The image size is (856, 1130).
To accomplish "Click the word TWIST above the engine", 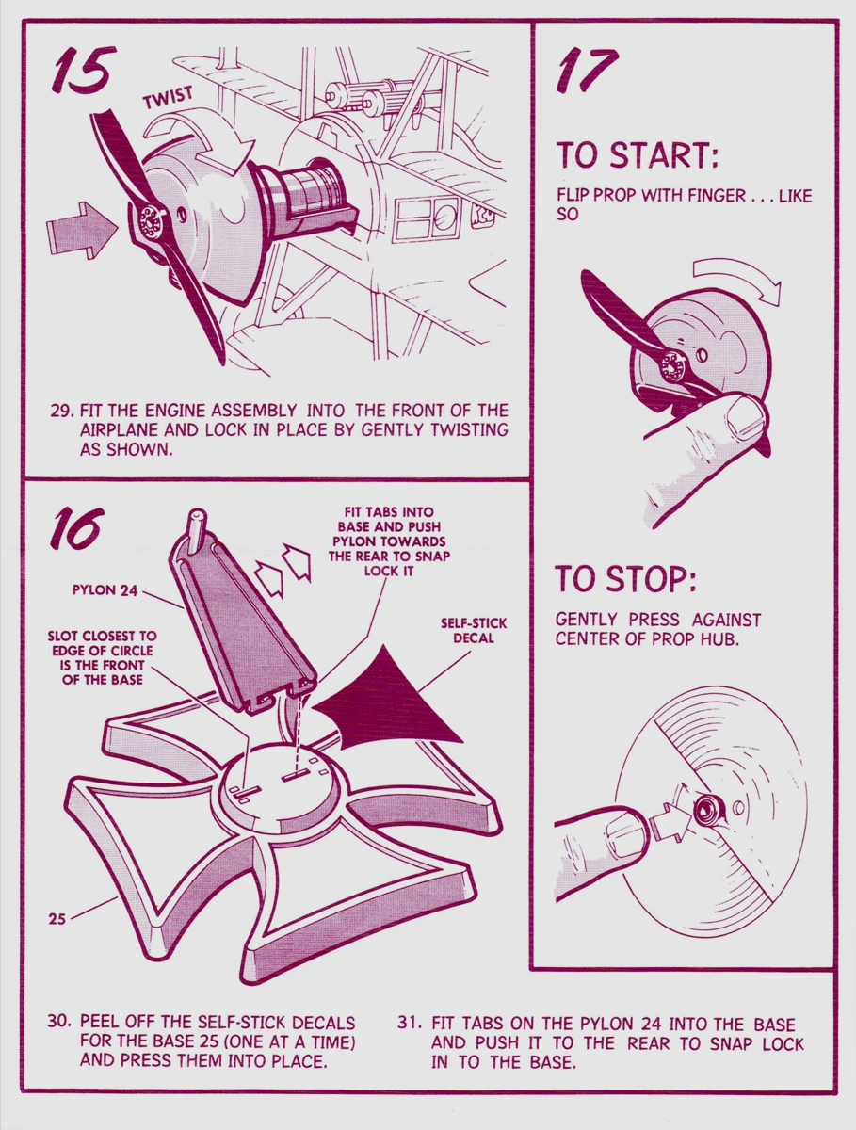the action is click(x=169, y=97).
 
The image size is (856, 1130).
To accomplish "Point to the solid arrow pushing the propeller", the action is click(x=82, y=230).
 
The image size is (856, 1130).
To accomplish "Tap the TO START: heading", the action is click(x=637, y=154).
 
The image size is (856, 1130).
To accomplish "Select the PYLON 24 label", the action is click(x=105, y=590).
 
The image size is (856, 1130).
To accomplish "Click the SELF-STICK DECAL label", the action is click(x=474, y=631).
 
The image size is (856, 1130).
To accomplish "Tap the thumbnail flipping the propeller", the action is click(x=746, y=414).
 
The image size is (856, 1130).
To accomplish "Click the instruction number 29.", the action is click(x=62, y=411).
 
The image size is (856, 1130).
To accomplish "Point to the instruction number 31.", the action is click(x=410, y=1022).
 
